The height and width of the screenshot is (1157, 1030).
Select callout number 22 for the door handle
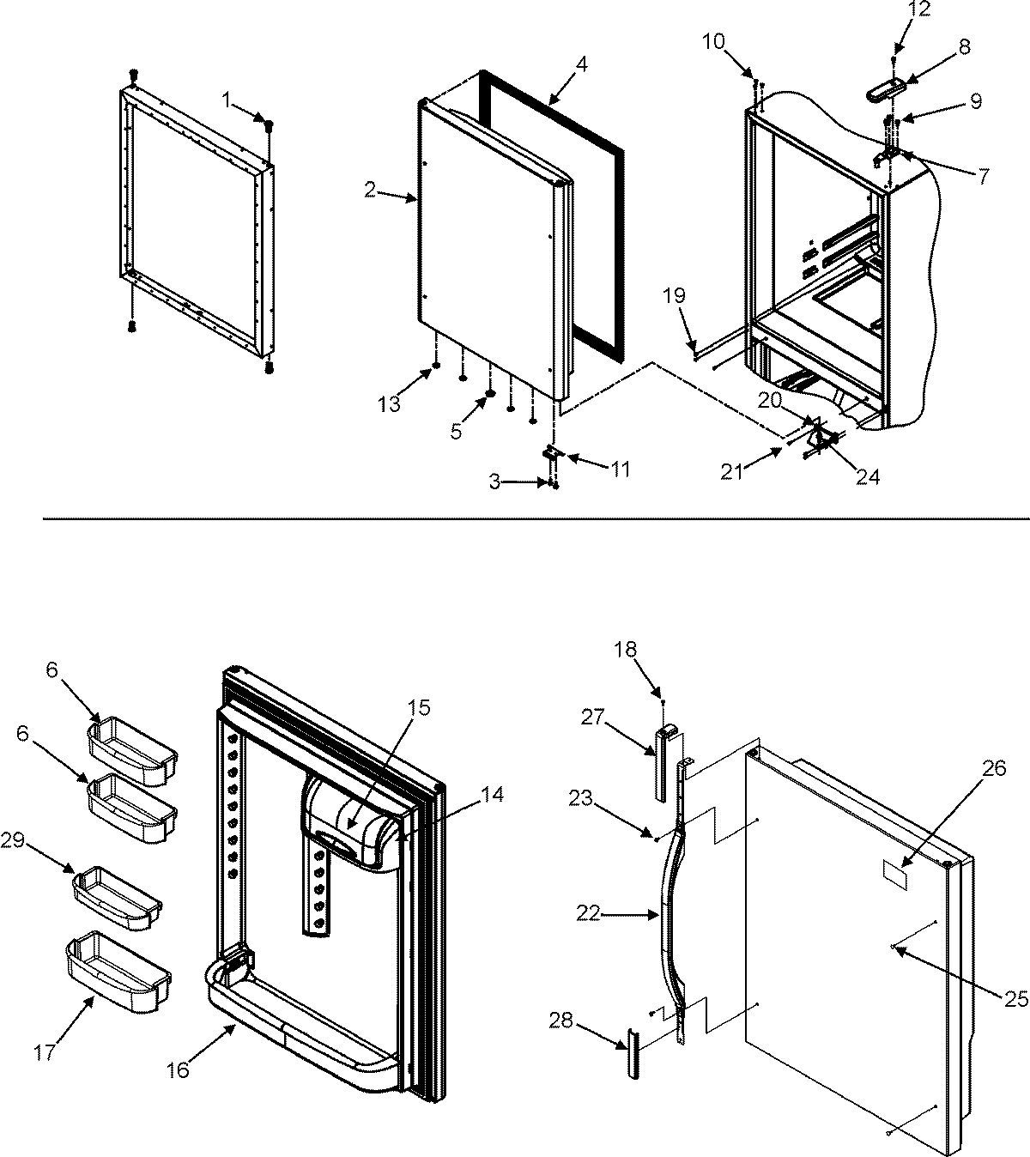[x=589, y=915]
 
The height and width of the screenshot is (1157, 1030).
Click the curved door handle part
[x=669, y=910]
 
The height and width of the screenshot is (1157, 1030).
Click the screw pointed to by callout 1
[x=269, y=125]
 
